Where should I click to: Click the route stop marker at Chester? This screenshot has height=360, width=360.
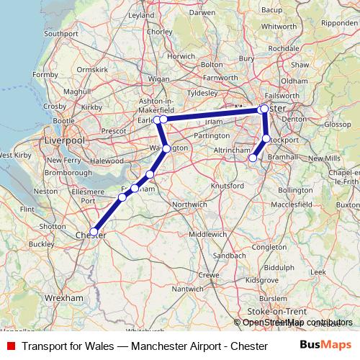click(x=94, y=232)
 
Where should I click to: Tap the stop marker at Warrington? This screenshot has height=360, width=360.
click(x=166, y=149)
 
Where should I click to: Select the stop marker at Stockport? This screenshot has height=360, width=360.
click(x=266, y=138)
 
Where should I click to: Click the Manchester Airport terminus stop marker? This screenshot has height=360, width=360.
click(x=253, y=158)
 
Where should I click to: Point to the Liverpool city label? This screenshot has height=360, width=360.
click(x=65, y=140)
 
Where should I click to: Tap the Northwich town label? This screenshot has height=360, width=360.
click(x=169, y=204)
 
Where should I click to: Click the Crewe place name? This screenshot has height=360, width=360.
click(x=208, y=275)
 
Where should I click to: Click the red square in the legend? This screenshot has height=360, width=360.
click(x=11, y=346)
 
